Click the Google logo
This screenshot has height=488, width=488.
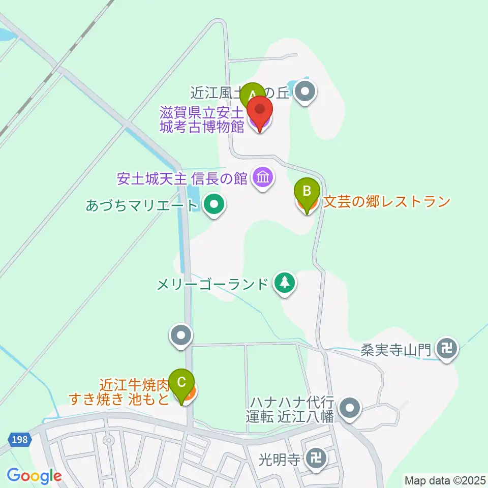click(x=34, y=476)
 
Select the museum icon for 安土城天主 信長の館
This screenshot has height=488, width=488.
click(x=263, y=178)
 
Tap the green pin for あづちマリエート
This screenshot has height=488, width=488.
click(x=213, y=205)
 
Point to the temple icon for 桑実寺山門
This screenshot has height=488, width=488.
click(x=447, y=349)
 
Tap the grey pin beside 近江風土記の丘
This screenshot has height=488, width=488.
click(x=306, y=92)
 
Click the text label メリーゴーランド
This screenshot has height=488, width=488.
click(x=212, y=284)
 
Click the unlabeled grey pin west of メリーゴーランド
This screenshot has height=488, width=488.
click(x=181, y=335)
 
